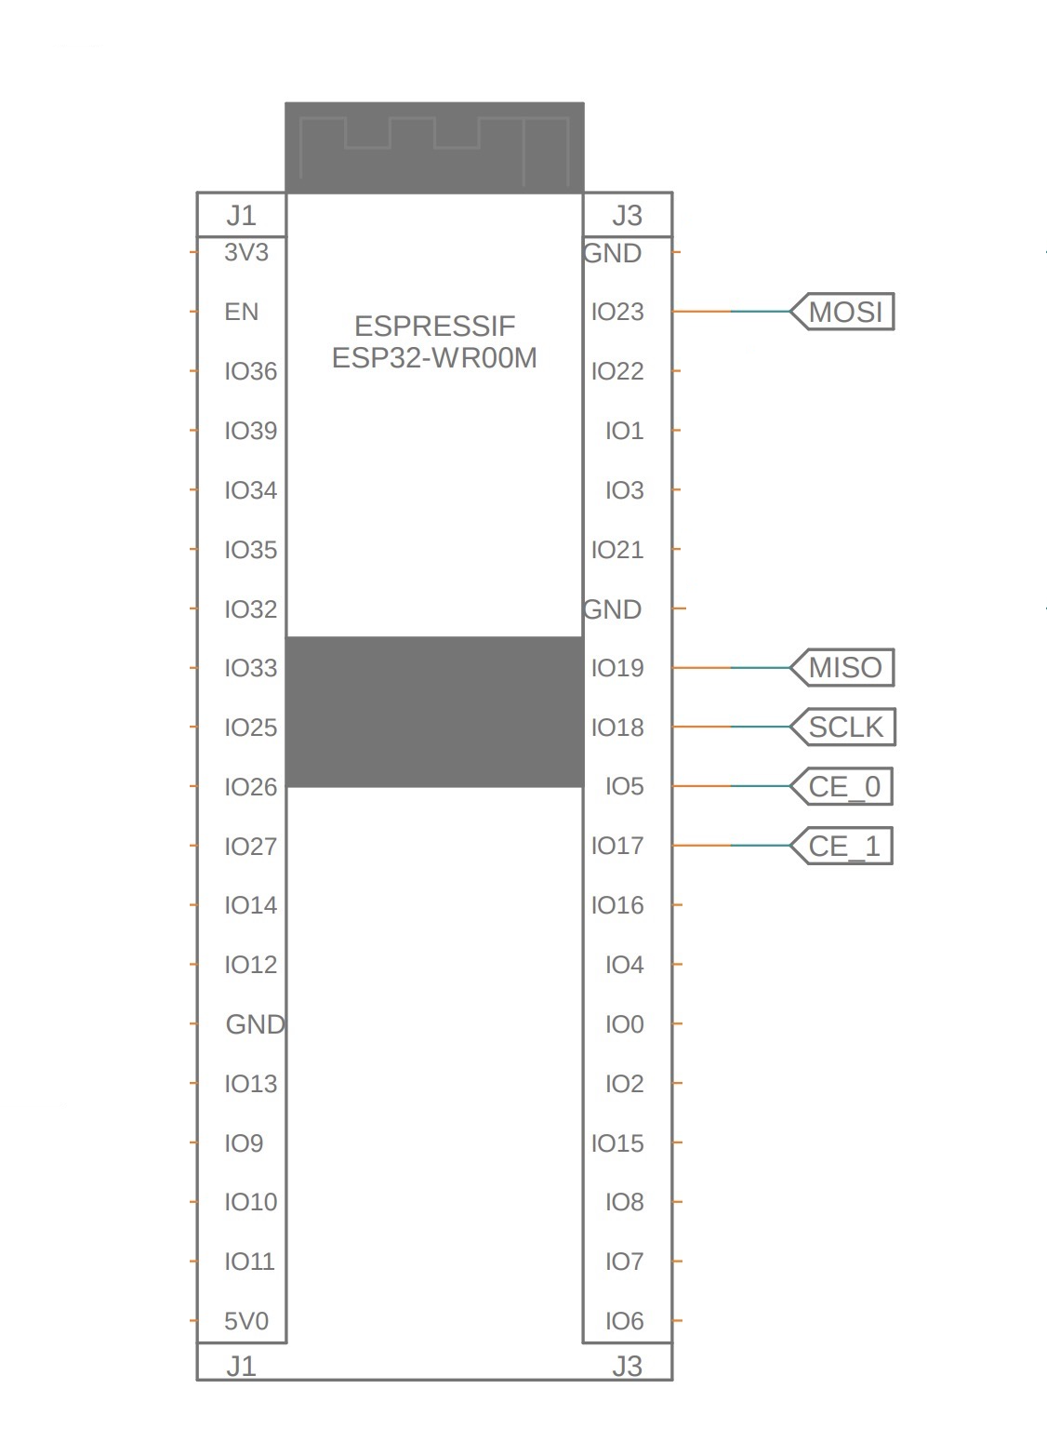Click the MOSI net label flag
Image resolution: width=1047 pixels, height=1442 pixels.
pos(842,312)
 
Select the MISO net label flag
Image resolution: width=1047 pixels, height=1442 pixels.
pos(842,668)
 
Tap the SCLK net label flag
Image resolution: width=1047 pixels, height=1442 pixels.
pos(842,727)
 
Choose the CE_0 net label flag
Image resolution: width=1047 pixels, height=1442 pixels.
pos(842,786)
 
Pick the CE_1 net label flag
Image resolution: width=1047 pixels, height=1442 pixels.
pos(842,846)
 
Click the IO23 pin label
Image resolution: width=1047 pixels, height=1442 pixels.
pos(617,312)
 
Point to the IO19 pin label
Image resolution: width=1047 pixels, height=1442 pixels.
pos(617,668)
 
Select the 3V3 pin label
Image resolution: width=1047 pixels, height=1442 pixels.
pos(245,252)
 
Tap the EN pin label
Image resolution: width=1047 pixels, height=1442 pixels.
pos(242,312)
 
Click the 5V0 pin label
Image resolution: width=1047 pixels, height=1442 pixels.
pos(245,1321)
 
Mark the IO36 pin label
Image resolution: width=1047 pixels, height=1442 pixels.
pos(250,371)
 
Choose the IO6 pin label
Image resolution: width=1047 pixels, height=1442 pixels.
pos(624,1321)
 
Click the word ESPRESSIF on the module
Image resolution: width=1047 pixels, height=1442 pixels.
pos(435,326)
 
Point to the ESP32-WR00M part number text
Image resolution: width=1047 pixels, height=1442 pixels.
pos(434,358)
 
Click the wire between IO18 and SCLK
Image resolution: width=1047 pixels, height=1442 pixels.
pos(731,727)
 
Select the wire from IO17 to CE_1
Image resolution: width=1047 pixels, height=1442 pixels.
pos(731,846)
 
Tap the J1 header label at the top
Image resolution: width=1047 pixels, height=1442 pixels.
pos(242,216)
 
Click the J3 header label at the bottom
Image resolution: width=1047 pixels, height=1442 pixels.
pos(627,1366)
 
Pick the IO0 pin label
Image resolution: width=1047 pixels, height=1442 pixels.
pos(624,1023)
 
